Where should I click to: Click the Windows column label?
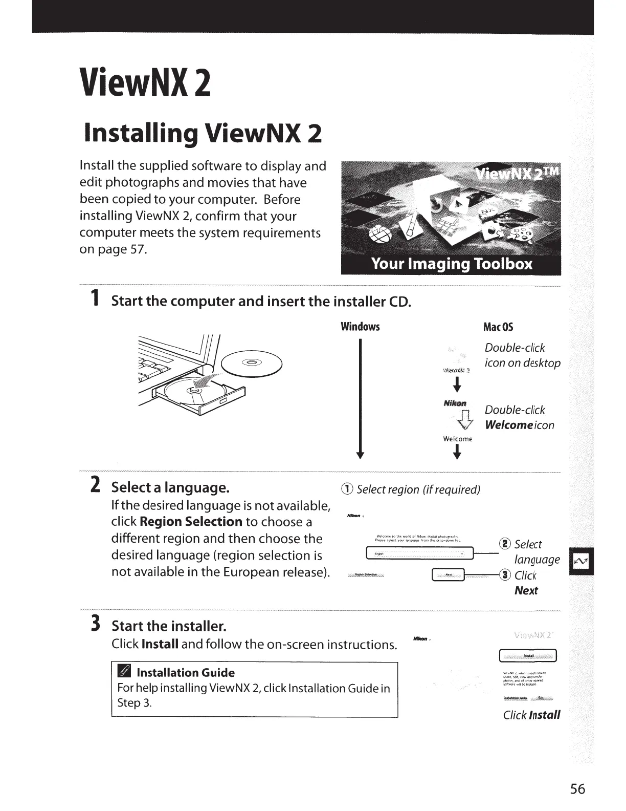(361, 327)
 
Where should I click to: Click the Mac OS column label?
(498, 327)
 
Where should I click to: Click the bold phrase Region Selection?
(191, 522)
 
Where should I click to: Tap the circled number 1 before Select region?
(348, 489)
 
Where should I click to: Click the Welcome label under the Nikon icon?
(458, 439)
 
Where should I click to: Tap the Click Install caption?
(531, 715)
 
